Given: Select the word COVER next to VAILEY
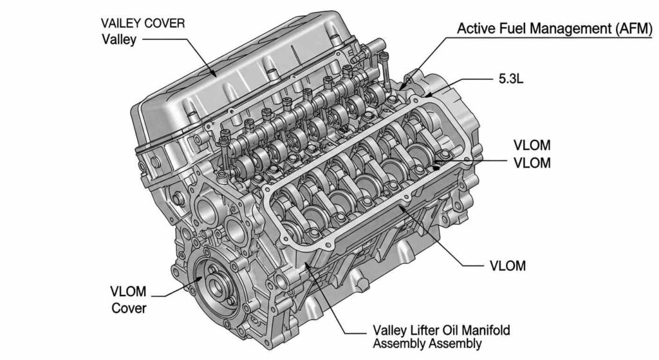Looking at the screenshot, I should click(x=165, y=23).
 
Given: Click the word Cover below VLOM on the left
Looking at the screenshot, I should click(x=129, y=308).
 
